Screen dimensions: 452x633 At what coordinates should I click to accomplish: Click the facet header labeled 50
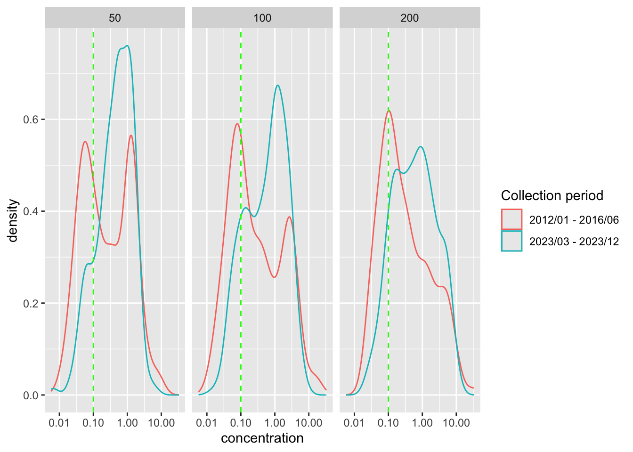(x=115, y=18)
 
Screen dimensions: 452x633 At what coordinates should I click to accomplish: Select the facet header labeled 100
(x=262, y=18)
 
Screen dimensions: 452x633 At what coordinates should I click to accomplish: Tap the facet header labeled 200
(x=410, y=18)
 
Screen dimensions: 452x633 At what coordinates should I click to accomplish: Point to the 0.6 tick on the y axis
(x=32, y=120)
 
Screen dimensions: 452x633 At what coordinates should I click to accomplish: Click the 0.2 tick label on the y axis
(x=32, y=303)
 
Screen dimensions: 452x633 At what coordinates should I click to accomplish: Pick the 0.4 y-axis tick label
(x=32, y=211)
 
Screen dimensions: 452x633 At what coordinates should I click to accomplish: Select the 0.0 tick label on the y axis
(x=32, y=395)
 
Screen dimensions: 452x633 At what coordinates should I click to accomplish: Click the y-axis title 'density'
(x=13, y=220)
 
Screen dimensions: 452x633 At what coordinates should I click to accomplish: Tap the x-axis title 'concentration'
(x=262, y=438)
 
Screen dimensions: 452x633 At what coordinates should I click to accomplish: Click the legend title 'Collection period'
(x=552, y=195)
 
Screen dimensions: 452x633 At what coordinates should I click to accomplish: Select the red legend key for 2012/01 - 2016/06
(x=511, y=219)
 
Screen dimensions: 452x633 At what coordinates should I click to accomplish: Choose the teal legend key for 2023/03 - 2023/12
(x=511, y=241)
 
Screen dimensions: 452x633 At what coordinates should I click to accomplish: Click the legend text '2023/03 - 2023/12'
(x=574, y=242)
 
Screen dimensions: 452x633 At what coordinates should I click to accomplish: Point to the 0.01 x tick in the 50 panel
(x=59, y=423)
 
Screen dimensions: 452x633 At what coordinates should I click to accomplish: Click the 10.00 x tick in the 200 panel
(x=456, y=423)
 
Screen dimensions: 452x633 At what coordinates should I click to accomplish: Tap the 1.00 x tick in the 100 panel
(x=275, y=423)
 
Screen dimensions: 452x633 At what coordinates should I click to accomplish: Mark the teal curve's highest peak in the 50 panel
(x=127, y=46)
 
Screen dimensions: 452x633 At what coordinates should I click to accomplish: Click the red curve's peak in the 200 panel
(x=389, y=111)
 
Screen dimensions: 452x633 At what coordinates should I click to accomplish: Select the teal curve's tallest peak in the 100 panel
(x=278, y=85)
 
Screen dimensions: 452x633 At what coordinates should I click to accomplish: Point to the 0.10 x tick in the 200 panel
(x=388, y=423)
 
